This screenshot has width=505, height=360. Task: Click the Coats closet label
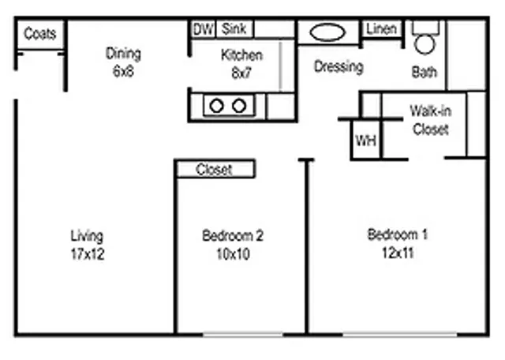pyautogui.click(x=40, y=33)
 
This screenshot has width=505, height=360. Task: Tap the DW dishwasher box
pyautogui.click(x=204, y=29)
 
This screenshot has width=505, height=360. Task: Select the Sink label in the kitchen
pyautogui.click(x=234, y=28)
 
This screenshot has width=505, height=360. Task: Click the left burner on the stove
pyautogui.click(x=216, y=106)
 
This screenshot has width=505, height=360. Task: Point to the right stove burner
pyautogui.click(x=239, y=106)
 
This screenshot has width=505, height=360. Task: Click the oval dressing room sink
pyautogui.click(x=327, y=32)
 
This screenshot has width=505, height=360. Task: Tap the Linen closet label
pyautogui.click(x=381, y=29)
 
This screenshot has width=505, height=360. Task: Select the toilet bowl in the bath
pyautogui.click(x=425, y=44)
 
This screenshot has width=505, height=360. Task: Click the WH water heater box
pyautogui.click(x=366, y=141)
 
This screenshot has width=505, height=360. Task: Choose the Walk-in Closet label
pyautogui.click(x=431, y=120)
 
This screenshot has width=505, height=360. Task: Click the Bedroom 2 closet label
pyautogui.click(x=214, y=169)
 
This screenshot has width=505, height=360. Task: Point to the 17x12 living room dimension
pyautogui.click(x=88, y=254)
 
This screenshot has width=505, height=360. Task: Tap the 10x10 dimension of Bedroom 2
pyautogui.click(x=233, y=254)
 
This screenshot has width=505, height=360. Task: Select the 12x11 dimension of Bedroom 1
pyautogui.click(x=398, y=253)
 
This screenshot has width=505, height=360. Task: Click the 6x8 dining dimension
pyautogui.click(x=123, y=71)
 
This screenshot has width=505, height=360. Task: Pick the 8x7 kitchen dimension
pyautogui.click(x=241, y=73)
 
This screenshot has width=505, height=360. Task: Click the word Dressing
pyautogui.click(x=339, y=67)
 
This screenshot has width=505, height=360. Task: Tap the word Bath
pyautogui.click(x=425, y=72)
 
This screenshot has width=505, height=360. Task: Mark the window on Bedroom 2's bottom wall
pyautogui.click(x=243, y=336)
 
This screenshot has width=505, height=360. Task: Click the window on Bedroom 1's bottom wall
pyautogui.click(x=400, y=336)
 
